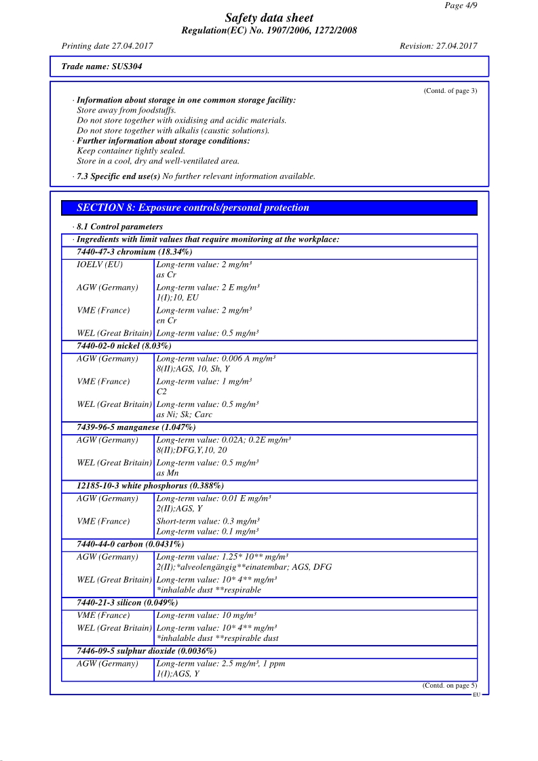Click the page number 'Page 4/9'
point(461,5)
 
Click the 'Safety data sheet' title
point(269,18)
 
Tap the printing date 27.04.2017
point(107,46)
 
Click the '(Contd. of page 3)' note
point(450,91)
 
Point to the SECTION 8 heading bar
point(269,208)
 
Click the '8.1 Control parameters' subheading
point(119,227)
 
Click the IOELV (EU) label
point(100,265)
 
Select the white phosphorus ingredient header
point(150,486)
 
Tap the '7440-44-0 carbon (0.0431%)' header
point(130,544)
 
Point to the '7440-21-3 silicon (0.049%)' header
point(128,602)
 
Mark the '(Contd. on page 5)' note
point(449,686)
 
